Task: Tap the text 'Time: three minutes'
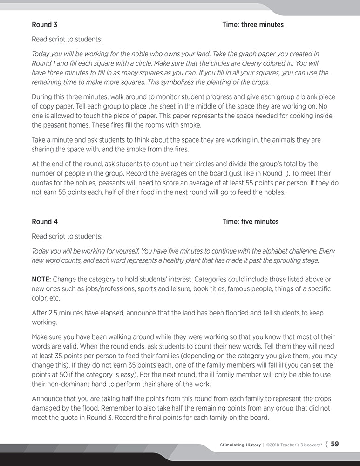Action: (253, 24)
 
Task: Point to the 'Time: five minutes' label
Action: (251, 221)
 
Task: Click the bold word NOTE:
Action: (41, 279)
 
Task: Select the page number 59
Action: (334, 444)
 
